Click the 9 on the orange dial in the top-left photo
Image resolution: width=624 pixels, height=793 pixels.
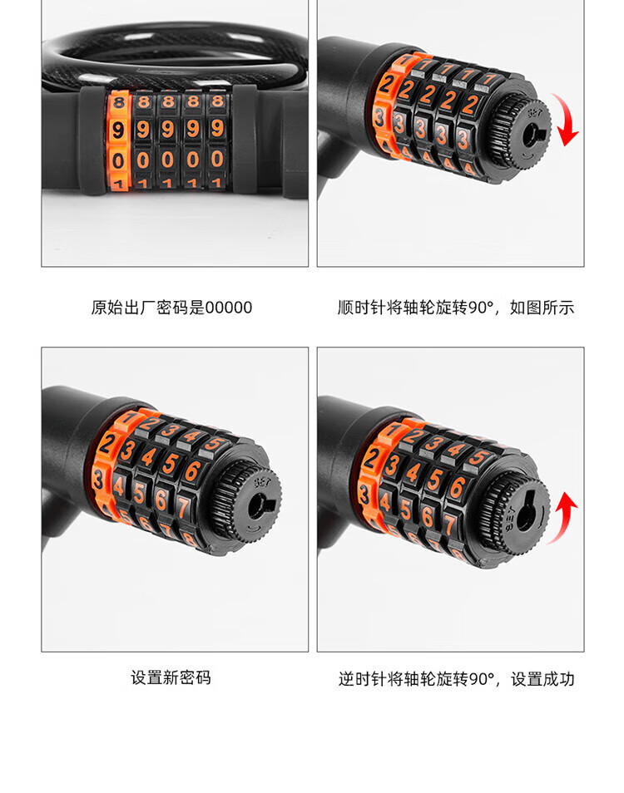click(118, 130)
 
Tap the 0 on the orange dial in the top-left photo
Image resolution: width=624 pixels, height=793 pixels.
click(118, 160)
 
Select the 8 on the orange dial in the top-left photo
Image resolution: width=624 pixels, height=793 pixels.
click(118, 102)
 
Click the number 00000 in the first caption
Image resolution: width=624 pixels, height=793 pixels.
click(228, 308)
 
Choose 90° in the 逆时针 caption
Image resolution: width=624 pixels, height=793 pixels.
click(481, 678)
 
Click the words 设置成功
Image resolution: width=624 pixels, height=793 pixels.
click(542, 678)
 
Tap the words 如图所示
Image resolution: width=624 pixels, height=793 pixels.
click(542, 308)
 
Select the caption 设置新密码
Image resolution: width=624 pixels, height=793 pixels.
click(171, 677)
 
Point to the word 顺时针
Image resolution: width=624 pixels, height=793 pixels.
click(362, 308)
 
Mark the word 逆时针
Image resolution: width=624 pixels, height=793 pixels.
click(363, 678)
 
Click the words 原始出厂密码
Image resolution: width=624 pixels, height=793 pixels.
click(140, 308)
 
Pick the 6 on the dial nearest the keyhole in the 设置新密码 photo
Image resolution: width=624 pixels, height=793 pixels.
click(192, 471)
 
